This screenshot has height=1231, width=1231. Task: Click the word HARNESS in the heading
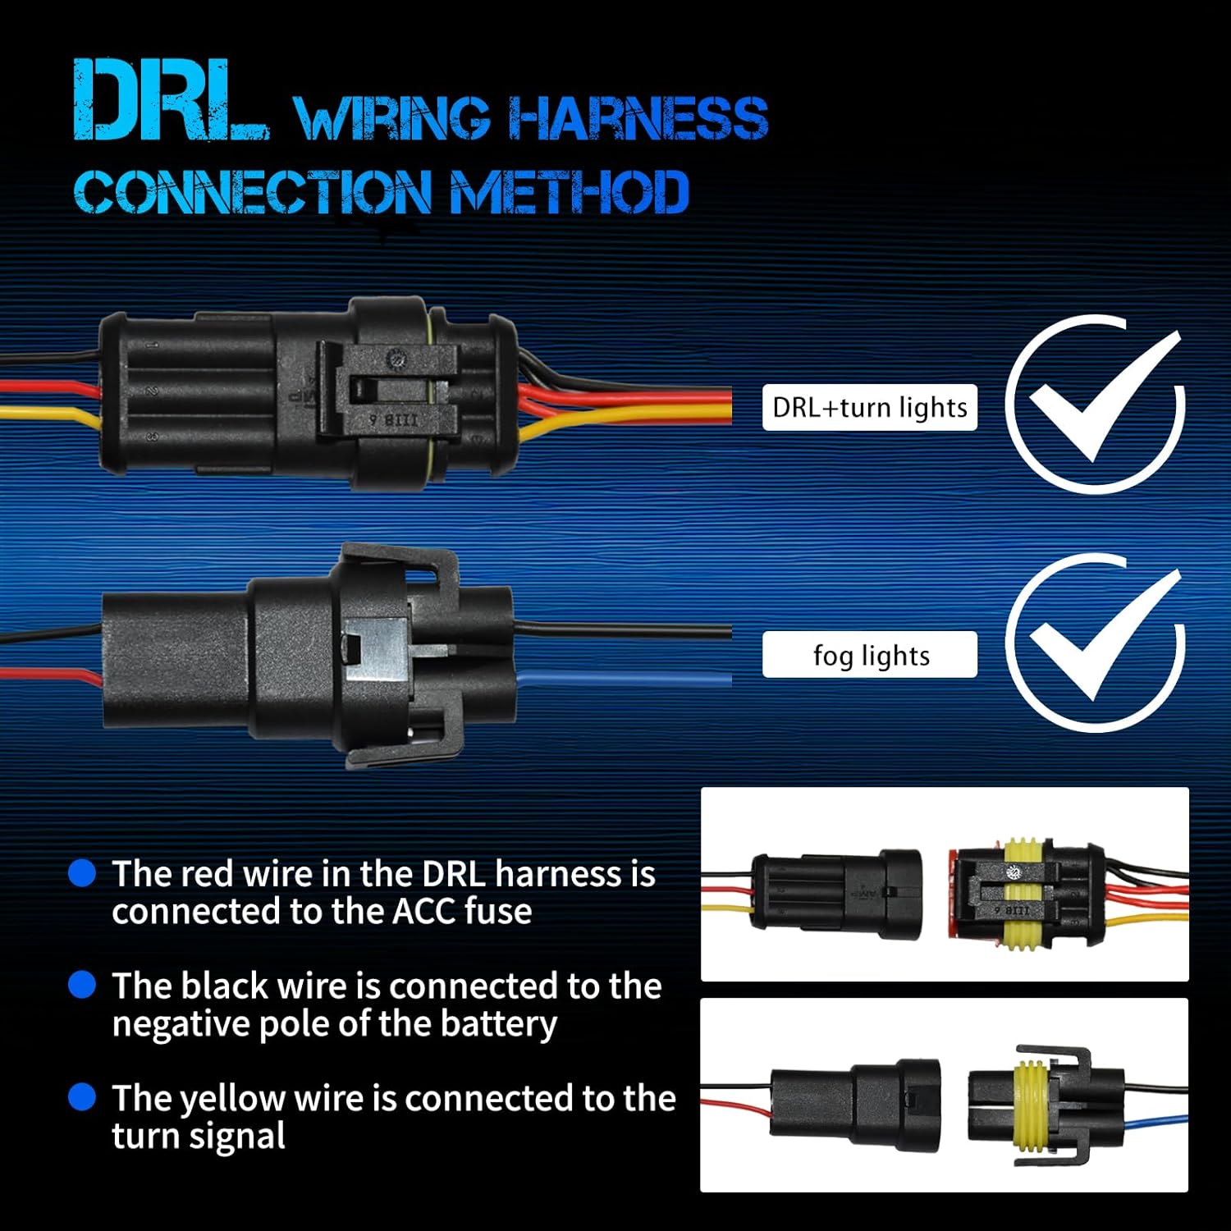pyautogui.click(x=638, y=118)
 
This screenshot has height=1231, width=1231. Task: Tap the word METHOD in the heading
pyautogui.click(x=570, y=193)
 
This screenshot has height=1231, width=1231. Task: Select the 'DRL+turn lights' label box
pyautogui.click(x=869, y=407)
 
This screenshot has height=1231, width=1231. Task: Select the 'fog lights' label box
pyautogui.click(x=869, y=655)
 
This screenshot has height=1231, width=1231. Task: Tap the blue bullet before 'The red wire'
pyautogui.click(x=82, y=872)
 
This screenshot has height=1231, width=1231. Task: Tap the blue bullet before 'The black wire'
pyautogui.click(x=82, y=984)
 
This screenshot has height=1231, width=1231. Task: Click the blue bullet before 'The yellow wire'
pyautogui.click(x=82, y=1096)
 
